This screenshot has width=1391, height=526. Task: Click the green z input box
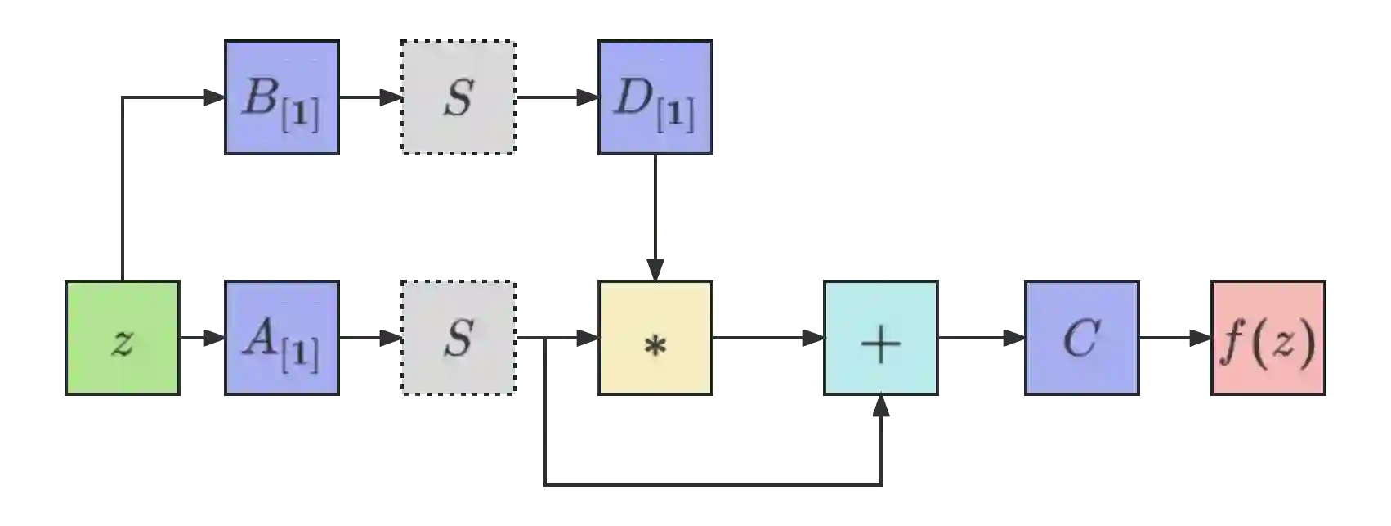pos(121,339)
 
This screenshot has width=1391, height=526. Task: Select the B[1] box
pos(281,98)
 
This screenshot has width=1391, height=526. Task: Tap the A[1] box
pos(281,339)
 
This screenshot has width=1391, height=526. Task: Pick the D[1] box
pos(655,98)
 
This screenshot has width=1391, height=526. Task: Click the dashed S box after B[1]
pos(458,98)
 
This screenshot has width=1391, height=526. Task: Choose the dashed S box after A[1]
pos(458,339)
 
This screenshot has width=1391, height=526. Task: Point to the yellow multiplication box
pos(655,339)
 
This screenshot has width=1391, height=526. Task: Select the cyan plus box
pos(880,339)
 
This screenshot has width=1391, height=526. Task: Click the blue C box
pos(1081,339)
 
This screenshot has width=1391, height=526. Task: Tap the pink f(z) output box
pos(1268,339)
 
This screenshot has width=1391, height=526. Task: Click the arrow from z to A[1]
pos(202,337)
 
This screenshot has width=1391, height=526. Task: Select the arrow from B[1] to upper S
pos(369,98)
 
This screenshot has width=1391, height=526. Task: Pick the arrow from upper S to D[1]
pos(557,98)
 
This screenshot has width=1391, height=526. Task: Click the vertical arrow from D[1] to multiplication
pos(655,217)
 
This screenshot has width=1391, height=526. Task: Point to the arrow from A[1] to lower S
pos(369,337)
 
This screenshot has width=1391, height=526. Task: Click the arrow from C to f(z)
pos(1176,337)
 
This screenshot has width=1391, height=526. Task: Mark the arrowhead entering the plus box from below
pos(880,408)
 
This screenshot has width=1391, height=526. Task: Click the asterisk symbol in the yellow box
pos(655,346)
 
